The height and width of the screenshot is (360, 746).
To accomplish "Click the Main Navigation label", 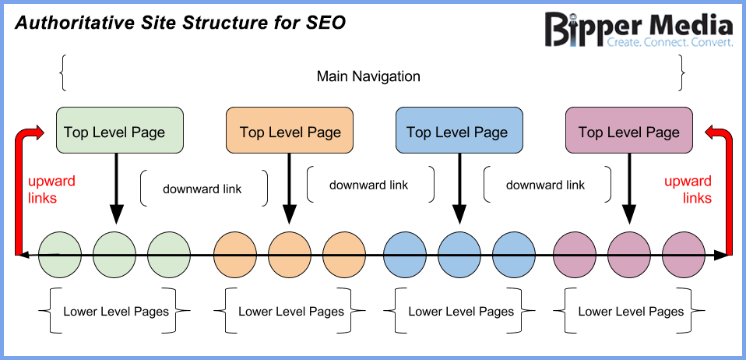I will [x=368, y=76].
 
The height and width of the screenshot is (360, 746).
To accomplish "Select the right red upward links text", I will [x=688, y=189].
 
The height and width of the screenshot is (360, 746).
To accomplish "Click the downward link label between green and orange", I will [x=202, y=189].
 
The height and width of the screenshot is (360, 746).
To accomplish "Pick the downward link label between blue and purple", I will [x=545, y=185].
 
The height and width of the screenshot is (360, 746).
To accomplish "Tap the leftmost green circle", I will [x=60, y=254].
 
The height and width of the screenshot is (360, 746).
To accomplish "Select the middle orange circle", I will [x=290, y=254].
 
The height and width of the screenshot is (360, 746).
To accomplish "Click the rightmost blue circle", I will [x=514, y=254].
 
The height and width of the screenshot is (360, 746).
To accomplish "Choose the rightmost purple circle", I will [x=684, y=254].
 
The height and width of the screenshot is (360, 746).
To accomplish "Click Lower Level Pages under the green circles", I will [x=116, y=311].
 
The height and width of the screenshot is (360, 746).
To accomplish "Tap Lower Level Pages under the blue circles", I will [x=461, y=311].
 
